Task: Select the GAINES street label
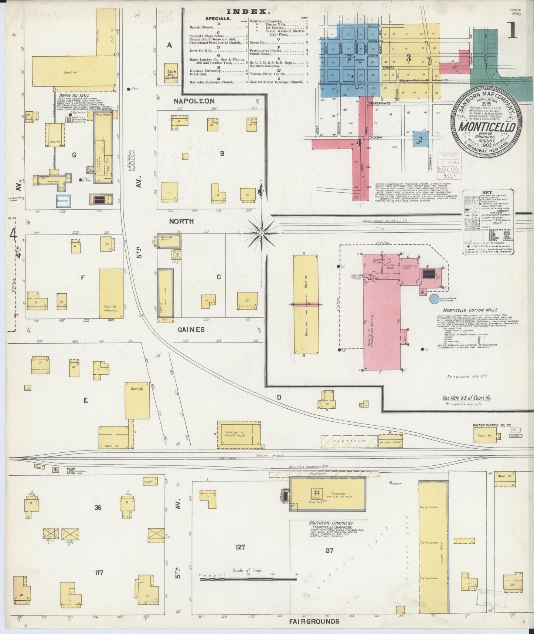click(x=191, y=329)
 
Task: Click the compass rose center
click(x=261, y=234)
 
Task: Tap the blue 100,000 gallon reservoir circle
click(x=435, y=300)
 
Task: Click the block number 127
click(x=240, y=547)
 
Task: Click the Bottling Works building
click(x=390, y=441)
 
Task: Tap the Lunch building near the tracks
click(x=149, y=482)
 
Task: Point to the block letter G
click(x=74, y=155)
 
